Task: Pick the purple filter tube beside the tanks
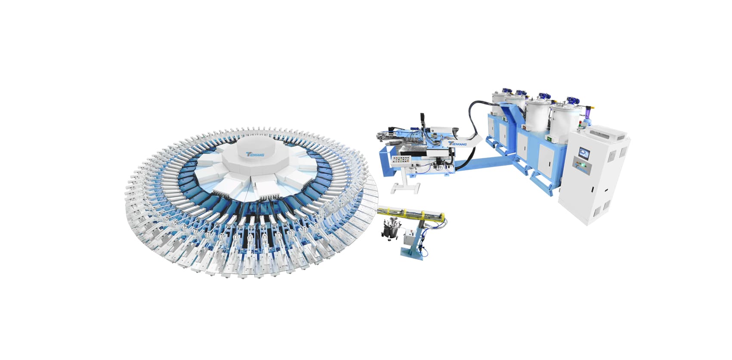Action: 587,113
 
